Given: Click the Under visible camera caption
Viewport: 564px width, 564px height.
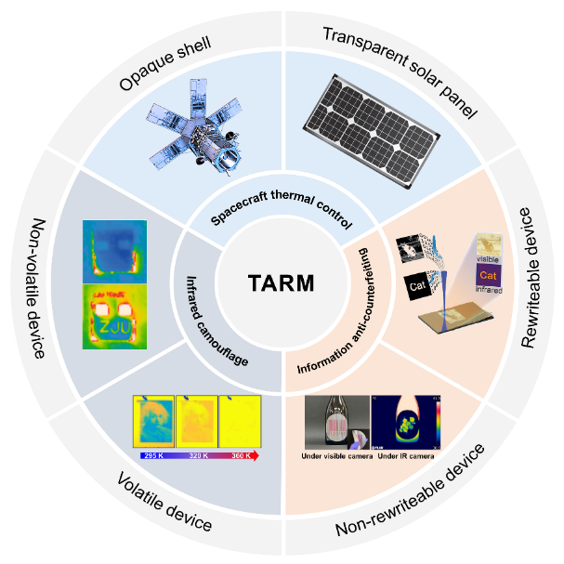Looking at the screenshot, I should [x=335, y=456].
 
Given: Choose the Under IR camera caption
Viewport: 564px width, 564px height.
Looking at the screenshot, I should [x=405, y=456].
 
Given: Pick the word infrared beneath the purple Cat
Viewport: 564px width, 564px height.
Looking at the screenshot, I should [x=491, y=290].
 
